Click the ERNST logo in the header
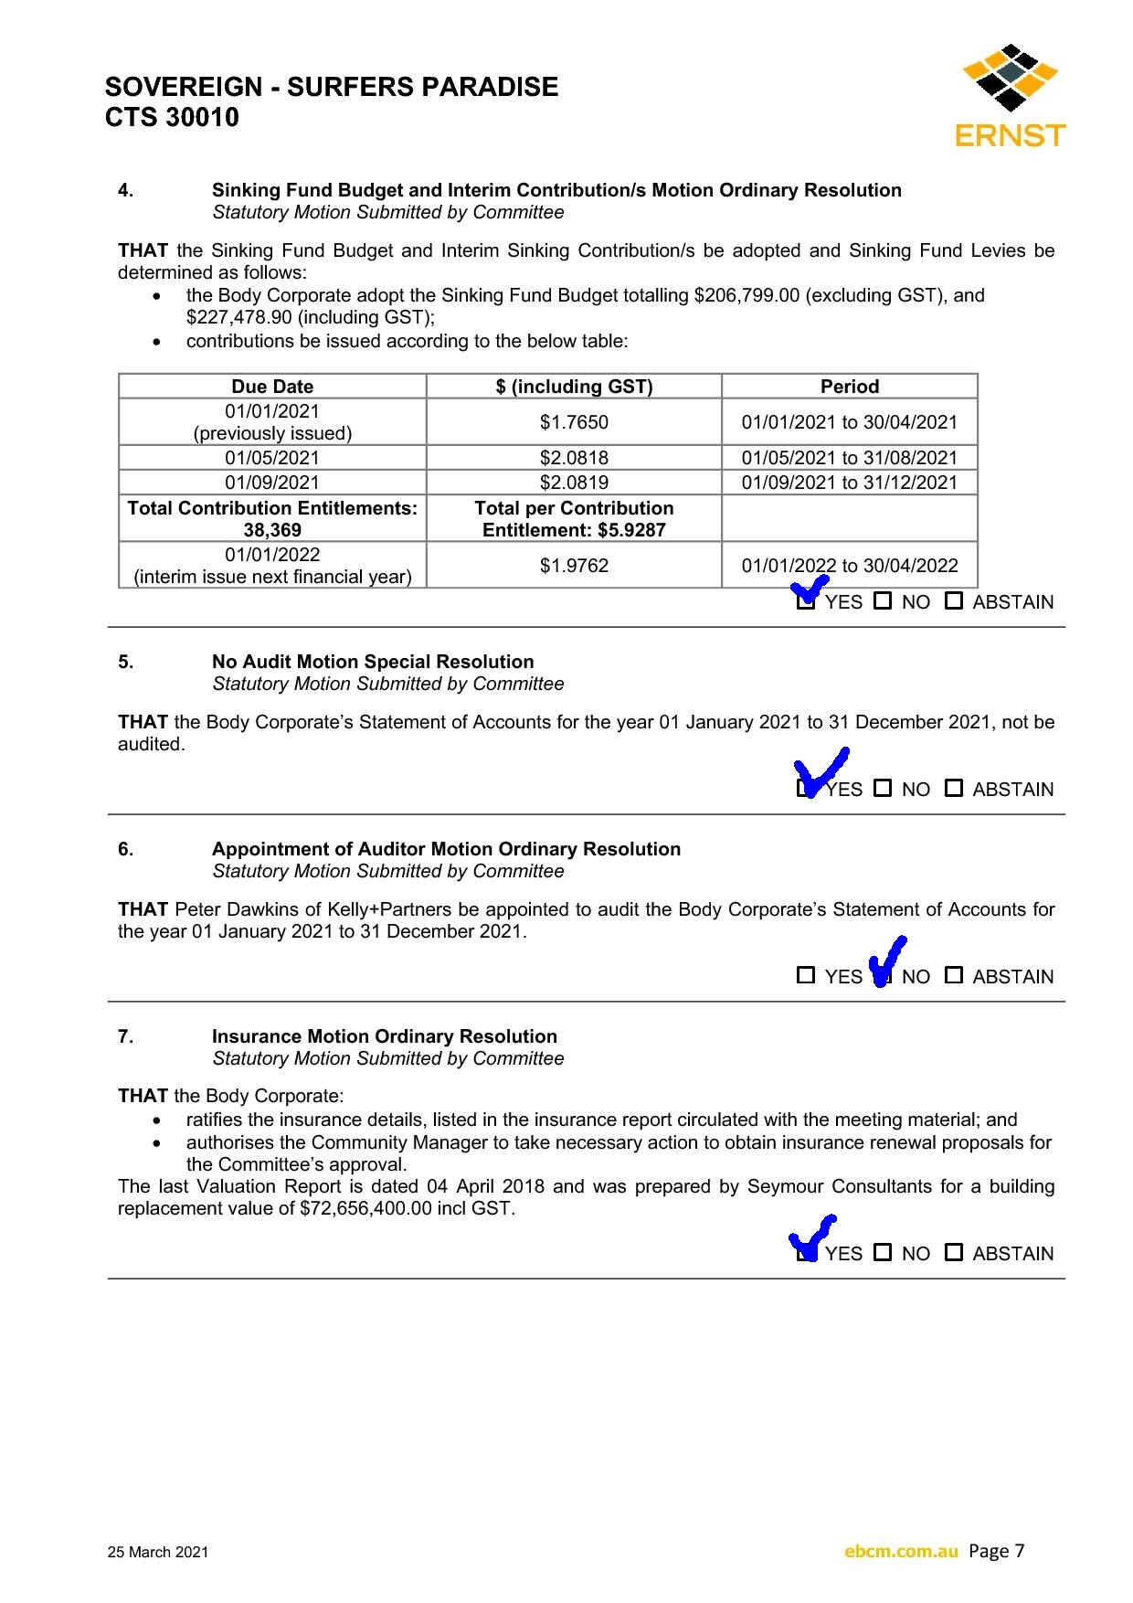pyautogui.click(x=1010, y=97)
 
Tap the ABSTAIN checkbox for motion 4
pyautogui.click(x=954, y=600)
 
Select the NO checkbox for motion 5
pyautogui.click(x=883, y=788)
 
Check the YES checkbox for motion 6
pyautogui.click(x=806, y=975)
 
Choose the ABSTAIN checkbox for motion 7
pyautogui.click(x=954, y=1252)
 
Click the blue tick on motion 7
pyautogui.click(x=811, y=1237)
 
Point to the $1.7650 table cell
pyautogui.click(x=574, y=422)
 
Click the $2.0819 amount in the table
pyautogui.click(x=574, y=483)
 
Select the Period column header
pyautogui.click(x=849, y=387)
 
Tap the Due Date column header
pyautogui.click(x=272, y=387)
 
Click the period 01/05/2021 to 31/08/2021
pyautogui.click(x=849, y=458)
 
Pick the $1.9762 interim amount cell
pyautogui.click(x=574, y=566)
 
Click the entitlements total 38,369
pyautogui.click(x=272, y=530)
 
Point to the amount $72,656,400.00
pyautogui.click(x=365, y=1208)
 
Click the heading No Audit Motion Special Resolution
pyautogui.click(x=373, y=662)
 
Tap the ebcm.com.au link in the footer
pyautogui.click(x=901, y=1551)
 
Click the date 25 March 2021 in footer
pyautogui.click(x=158, y=1552)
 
